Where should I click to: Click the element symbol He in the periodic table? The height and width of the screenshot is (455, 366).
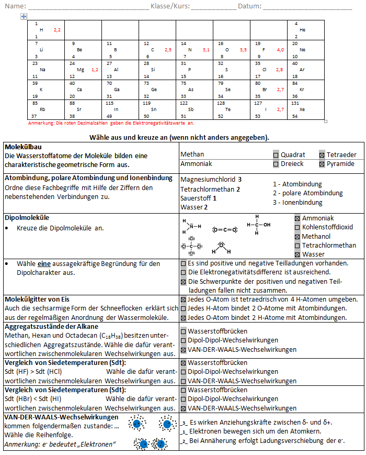click(x=302, y=30)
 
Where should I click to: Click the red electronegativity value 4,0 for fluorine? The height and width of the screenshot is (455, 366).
click(x=280, y=50)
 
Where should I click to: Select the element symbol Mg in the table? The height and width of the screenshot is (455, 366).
click(x=80, y=70)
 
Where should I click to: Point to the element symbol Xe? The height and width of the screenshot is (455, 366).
click(x=302, y=109)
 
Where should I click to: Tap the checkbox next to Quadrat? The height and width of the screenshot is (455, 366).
click(x=276, y=155)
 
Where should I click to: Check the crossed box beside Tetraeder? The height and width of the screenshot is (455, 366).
click(x=322, y=155)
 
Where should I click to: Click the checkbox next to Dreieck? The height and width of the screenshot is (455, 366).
click(x=276, y=164)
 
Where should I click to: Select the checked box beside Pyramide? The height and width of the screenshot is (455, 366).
click(x=322, y=164)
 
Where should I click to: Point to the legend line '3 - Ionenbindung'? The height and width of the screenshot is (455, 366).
click(x=298, y=203)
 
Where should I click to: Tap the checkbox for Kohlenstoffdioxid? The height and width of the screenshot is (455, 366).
click(x=297, y=227)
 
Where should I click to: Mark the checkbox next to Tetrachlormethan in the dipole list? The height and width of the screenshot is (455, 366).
click(x=297, y=245)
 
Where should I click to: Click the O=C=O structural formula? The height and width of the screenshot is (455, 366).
click(x=225, y=229)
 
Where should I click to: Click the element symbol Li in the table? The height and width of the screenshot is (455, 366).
click(x=41, y=50)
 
